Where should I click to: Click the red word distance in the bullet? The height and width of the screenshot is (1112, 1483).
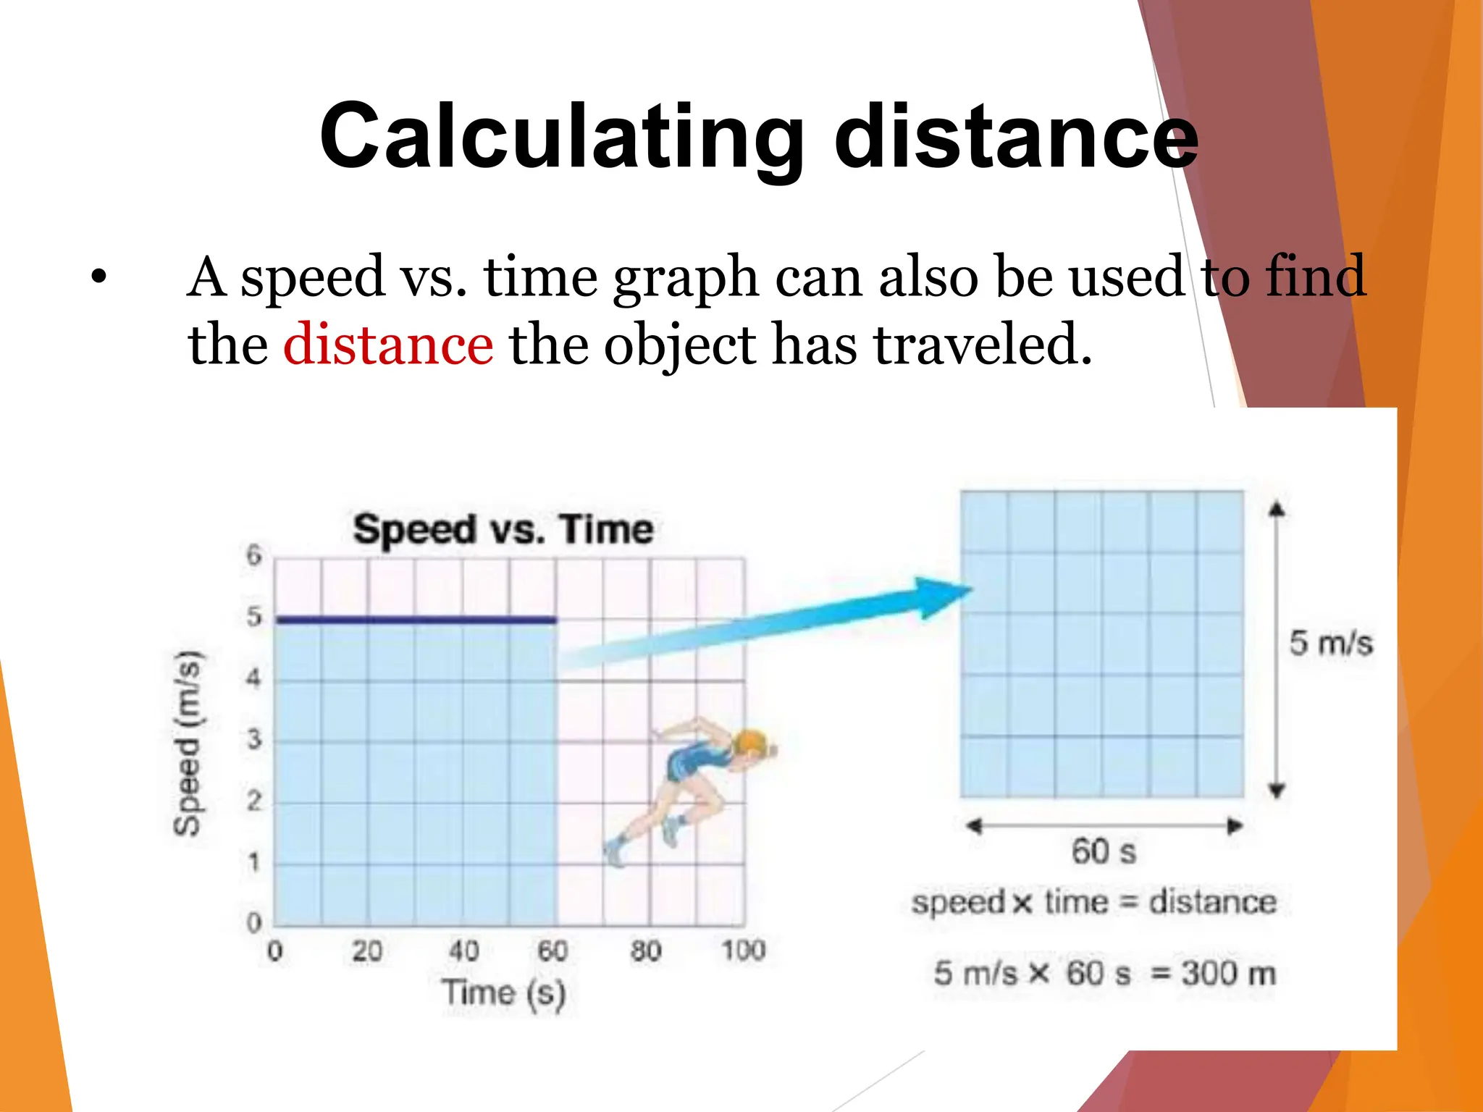[x=388, y=345]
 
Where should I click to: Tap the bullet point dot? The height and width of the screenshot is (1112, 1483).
[x=99, y=277]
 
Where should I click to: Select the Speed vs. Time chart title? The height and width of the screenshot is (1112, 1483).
[x=503, y=529]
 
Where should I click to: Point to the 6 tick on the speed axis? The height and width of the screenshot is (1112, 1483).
[x=253, y=556]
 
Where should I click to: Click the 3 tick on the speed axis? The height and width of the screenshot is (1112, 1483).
[x=253, y=740]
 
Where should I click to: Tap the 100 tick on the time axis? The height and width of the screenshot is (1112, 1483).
[x=743, y=951]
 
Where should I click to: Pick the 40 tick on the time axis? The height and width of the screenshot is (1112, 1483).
[x=463, y=951]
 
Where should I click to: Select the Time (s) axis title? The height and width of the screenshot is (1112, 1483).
[x=504, y=993]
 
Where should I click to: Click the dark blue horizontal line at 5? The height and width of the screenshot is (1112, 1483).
[x=416, y=620]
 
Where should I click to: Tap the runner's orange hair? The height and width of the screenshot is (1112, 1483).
[x=750, y=742]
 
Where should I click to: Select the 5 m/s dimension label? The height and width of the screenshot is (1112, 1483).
[x=1331, y=643]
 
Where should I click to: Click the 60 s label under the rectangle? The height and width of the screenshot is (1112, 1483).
[x=1104, y=851]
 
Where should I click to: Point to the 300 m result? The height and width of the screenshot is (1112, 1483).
[x=1229, y=974]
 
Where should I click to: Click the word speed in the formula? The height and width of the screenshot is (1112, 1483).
[x=958, y=903]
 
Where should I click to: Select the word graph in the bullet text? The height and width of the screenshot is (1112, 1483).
[x=685, y=278]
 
